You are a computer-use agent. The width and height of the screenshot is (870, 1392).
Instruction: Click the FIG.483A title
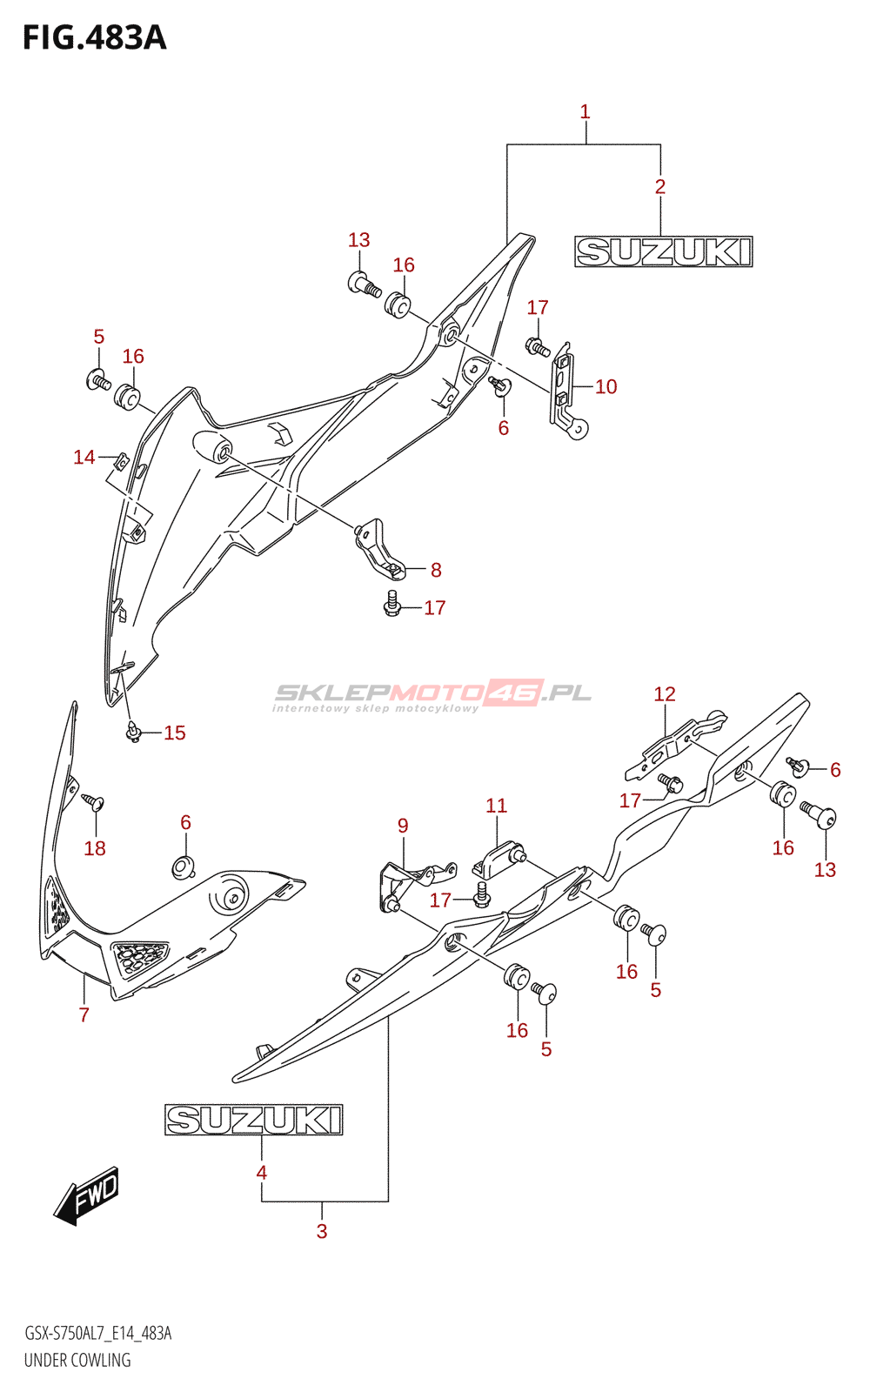(95, 38)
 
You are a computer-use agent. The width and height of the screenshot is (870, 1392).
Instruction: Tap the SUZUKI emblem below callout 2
(664, 251)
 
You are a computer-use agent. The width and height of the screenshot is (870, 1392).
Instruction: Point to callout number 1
(585, 112)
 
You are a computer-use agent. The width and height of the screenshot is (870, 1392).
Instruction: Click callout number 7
(84, 1014)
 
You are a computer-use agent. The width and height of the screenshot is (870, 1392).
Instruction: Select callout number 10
(606, 386)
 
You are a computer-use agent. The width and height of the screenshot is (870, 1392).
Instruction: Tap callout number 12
(665, 694)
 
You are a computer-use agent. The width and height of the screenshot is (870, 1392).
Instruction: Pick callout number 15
(175, 733)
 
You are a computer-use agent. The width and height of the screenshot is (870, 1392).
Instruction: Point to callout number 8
(436, 570)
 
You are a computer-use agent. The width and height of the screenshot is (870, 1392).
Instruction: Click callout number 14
(84, 458)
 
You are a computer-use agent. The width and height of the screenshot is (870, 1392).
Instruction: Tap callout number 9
(403, 826)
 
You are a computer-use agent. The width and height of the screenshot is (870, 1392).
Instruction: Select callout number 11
(496, 806)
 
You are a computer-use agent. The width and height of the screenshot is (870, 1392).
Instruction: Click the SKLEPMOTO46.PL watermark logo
(433, 695)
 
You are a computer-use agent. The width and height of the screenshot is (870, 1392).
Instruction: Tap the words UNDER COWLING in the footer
(77, 1361)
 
